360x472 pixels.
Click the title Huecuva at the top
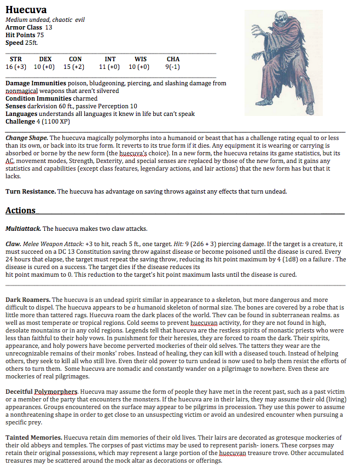coord(26,9)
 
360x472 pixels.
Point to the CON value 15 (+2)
coord(73,67)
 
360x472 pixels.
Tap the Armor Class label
coord(24,27)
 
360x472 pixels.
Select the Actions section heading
coord(20,211)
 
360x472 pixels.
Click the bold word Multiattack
coord(23,228)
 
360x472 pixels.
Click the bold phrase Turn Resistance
coord(31,191)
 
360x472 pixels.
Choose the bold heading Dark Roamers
coord(28,300)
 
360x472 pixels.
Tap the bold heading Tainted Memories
coord(33,438)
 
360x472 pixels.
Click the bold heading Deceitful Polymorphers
coord(42,392)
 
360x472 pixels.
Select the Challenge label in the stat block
coord(20,121)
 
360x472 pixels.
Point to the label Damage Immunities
coord(36,83)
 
